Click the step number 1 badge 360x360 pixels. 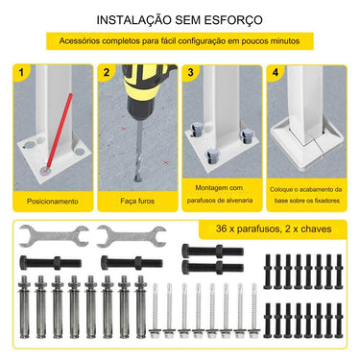pos(22,72)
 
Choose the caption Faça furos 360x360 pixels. pos(135,203)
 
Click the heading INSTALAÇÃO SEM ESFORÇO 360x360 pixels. pos(179,19)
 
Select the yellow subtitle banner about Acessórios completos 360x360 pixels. pos(180,42)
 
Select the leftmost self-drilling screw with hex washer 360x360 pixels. pos(167,312)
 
